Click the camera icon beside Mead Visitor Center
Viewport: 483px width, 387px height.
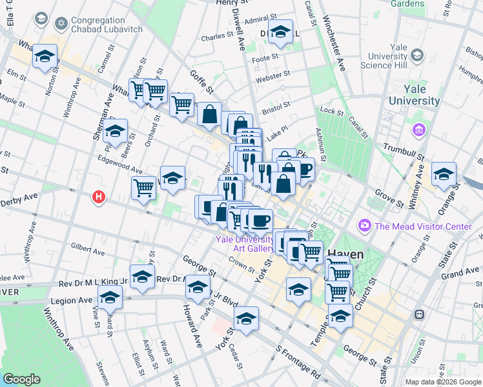click(x=365, y=226)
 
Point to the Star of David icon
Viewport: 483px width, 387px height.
click(x=62, y=25)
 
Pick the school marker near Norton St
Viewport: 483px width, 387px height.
click(x=45, y=57)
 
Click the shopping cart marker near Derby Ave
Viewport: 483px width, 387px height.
click(x=143, y=188)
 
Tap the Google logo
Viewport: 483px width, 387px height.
click(x=22, y=379)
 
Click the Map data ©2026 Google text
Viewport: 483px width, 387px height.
click(x=442, y=381)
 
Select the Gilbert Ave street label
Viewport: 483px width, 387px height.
click(x=88, y=247)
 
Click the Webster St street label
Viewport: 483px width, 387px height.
click(x=270, y=78)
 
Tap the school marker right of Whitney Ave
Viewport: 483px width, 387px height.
click(x=444, y=175)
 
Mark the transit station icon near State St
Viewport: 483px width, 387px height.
click(x=419, y=314)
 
